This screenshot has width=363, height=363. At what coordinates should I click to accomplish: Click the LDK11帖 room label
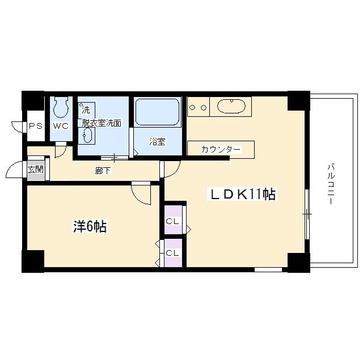[x=243, y=195]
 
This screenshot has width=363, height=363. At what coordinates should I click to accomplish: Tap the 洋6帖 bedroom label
[x=90, y=227]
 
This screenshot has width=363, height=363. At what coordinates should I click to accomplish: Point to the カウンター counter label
[x=221, y=150]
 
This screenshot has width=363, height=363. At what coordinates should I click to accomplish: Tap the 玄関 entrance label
[x=35, y=170]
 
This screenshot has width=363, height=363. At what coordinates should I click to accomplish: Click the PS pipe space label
[x=35, y=126]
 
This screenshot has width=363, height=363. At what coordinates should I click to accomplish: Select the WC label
[x=61, y=126]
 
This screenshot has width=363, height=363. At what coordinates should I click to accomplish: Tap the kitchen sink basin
[x=231, y=106]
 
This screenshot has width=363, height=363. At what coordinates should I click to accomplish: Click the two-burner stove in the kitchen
[x=199, y=106]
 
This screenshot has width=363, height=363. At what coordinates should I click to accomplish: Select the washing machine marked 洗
[x=87, y=108]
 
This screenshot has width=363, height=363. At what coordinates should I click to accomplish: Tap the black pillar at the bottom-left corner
[x=33, y=261]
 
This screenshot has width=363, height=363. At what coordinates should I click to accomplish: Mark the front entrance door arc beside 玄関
[x=17, y=171]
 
